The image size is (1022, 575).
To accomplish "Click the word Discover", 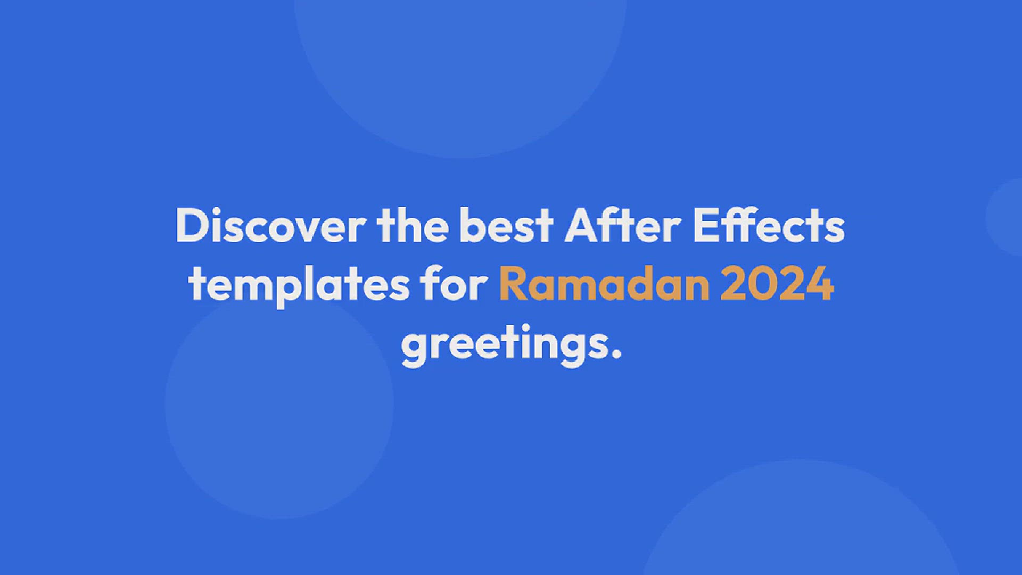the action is tap(270, 226).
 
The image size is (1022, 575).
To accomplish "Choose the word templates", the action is tap(299, 286).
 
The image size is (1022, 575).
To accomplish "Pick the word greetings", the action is tap(511, 346).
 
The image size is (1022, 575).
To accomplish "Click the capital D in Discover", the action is tap(193, 226).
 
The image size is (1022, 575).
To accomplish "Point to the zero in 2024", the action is tap(763, 284).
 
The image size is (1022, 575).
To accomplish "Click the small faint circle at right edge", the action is tap(1005, 217).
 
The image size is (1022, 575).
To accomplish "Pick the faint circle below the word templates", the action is tap(279, 405).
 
